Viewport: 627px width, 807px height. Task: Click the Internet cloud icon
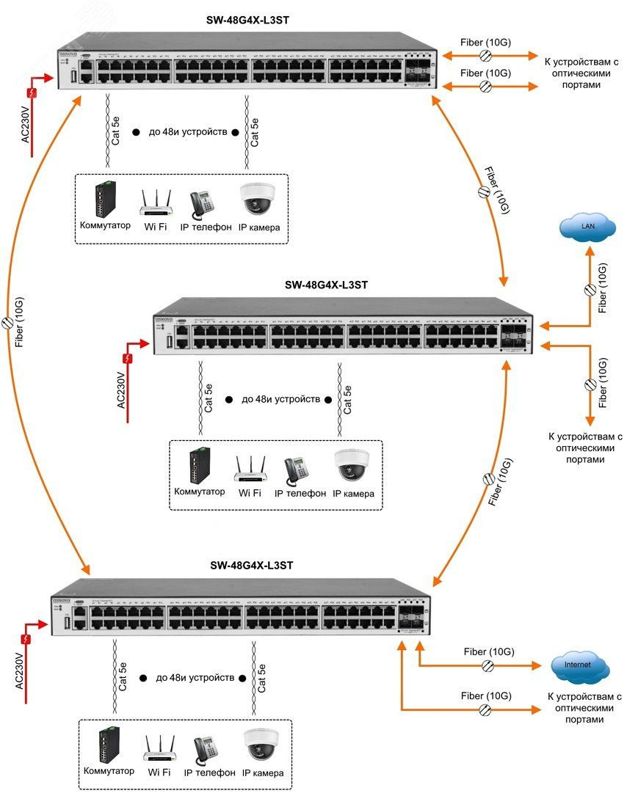(x=580, y=665)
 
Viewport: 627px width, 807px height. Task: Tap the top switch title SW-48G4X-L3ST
(x=247, y=21)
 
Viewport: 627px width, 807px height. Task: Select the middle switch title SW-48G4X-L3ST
(x=326, y=285)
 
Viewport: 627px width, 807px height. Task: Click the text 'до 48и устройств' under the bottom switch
(x=195, y=677)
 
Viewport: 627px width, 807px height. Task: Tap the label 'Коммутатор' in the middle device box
(x=200, y=492)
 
